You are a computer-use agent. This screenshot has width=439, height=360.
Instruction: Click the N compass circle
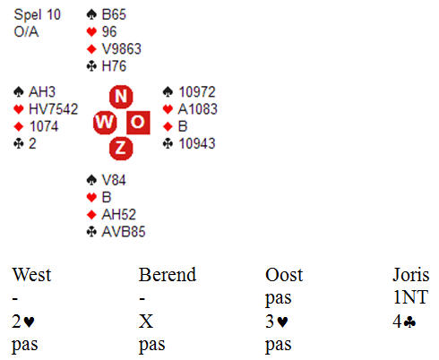pyautogui.click(x=121, y=97)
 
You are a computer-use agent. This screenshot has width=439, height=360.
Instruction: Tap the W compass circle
pyautogui.click(x=105, y=123)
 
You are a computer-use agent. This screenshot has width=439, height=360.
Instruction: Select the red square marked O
pyautogui.click(x=138, y=123)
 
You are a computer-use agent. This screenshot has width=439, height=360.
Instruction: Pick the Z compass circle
pyautogui.click(x=121, y=149)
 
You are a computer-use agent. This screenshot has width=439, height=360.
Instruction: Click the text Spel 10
pyautogui.click(x=38, y=14)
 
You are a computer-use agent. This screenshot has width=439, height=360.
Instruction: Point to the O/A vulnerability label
pyautogui.click(x=26, y=31)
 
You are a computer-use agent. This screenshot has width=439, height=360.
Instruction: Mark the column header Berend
pyautogui.click(x=168, y=275)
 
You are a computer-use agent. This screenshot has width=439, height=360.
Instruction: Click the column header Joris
pyautogui.click(x=411, y=275)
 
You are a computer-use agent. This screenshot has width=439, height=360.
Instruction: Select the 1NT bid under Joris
pyautogui.click(x=410, y=297)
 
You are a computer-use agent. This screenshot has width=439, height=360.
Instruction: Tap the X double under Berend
pyautogui.click(x=146, y=321)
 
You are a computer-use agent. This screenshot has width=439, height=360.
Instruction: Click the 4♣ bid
pyautogui.click(x=404, y=321)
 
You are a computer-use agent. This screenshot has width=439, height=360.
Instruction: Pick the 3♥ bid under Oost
pyautogui.click(x=277, y=321)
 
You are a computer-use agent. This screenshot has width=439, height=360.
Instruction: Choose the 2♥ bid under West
pyautogui.click(x=23, y=321)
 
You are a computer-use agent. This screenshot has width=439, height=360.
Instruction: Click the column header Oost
pyautogui.click(x=284, y=275)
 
